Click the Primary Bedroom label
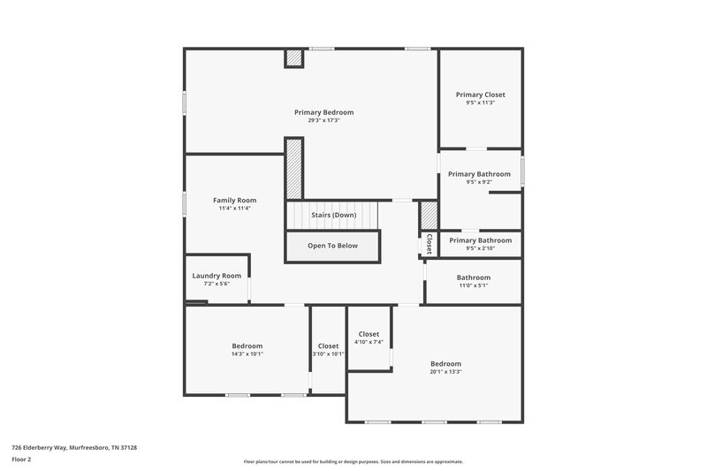click(x=323, y=112)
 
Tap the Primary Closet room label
click(x=480, y=95)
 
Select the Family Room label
click(x=234, y=201)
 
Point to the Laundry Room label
click(x=217, y=276)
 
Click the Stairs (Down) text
click(x=333, y=215)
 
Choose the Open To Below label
click(x=332, y=246)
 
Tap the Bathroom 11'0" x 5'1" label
click(x=473, y=277)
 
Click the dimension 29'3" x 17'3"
click(x=323, y=120)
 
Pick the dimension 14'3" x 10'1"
click(x=247, y=353)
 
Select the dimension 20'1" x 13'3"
click(x=445, y=371)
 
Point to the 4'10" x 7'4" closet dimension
click(x=369, y=342)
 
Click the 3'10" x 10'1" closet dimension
click(x=328, y=353)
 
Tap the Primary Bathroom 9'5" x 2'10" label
click(x=480, y=240)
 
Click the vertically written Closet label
click(x=429, y=243)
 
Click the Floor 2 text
click(x=22, y=460)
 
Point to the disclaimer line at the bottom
click(x=353, y=461)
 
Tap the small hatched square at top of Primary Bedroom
click(x=293, y=57)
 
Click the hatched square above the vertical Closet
click(x=429, y=215)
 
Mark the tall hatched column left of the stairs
click(x=293, y=168)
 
